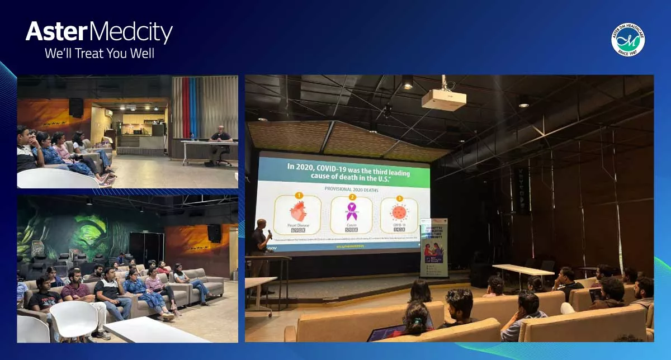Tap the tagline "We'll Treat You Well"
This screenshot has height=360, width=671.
click(x=99, y=54)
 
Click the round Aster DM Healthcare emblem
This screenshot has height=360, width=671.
click(x=627, y=40)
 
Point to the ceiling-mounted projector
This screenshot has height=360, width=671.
click(x=443, y=99)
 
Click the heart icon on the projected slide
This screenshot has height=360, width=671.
click(x=297, y=212)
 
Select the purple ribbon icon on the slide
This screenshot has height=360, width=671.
click(x=352, y=211)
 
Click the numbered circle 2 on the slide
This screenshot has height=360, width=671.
click(x=352, y=197)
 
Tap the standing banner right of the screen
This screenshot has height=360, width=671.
click(x=434, y=247)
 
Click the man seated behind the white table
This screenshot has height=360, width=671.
click(x=220, y=143)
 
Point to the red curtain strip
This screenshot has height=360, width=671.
click(x=186, y=107)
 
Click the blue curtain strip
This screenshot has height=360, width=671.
click(x=193, y=107)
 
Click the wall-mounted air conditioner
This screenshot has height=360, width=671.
click(x=108, y=112)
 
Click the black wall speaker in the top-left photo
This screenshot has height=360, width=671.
click(x=76, y=107)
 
